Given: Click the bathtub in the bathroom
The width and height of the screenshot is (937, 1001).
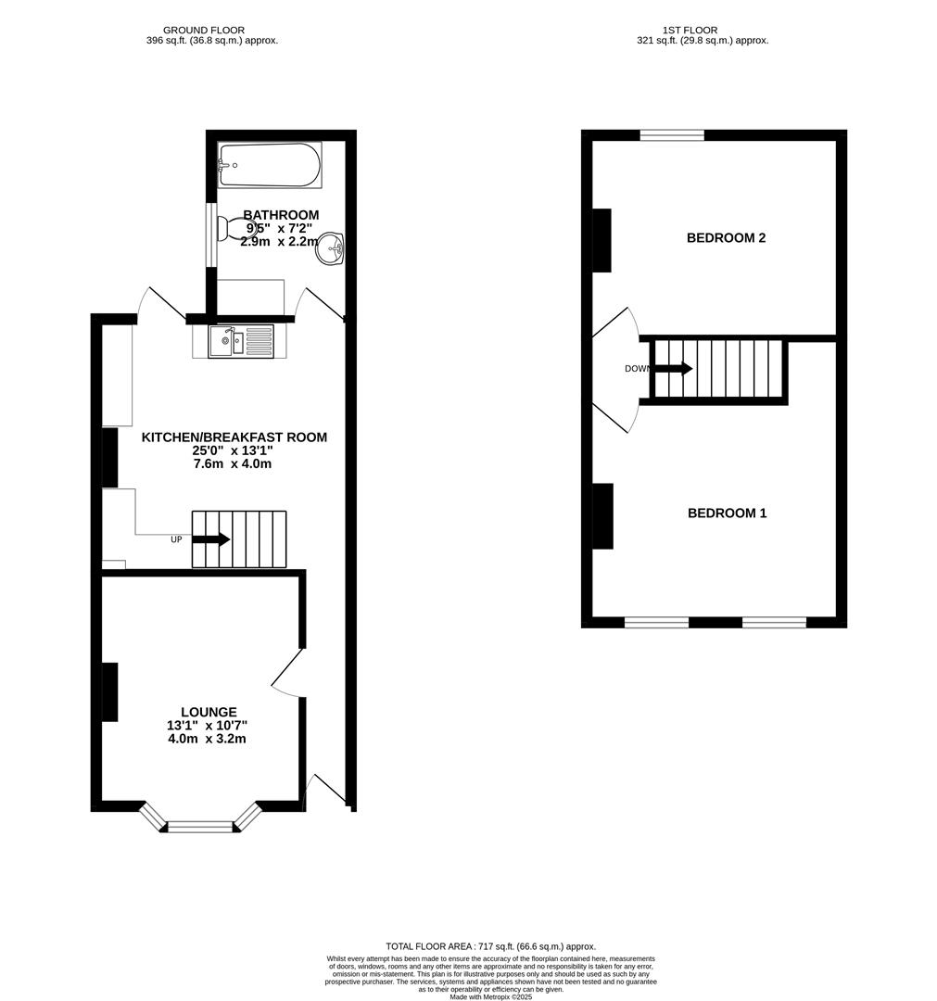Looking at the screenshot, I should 270,165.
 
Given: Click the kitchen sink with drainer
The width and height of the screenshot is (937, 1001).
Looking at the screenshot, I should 241,340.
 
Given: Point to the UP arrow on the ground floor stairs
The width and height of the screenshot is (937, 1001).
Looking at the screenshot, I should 211,539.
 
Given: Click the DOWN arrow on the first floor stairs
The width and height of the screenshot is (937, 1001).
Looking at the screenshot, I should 673,368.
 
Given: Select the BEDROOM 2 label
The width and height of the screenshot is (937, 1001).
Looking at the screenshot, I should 726,237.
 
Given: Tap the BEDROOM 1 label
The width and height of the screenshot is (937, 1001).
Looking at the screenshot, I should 727,513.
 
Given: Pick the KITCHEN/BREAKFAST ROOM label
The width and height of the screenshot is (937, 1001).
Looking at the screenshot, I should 234,437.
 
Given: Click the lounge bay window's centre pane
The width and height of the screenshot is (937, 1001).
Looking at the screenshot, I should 201,825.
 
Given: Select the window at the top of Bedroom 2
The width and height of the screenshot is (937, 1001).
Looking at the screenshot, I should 672,135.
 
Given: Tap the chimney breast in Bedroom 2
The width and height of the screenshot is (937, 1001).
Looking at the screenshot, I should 601,240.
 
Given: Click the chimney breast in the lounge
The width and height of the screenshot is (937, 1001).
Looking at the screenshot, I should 109,691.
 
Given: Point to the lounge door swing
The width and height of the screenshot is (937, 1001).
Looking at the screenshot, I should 287,673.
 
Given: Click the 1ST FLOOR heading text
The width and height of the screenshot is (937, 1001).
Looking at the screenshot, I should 690,30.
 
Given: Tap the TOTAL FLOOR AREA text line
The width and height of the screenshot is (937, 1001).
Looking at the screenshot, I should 490,945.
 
